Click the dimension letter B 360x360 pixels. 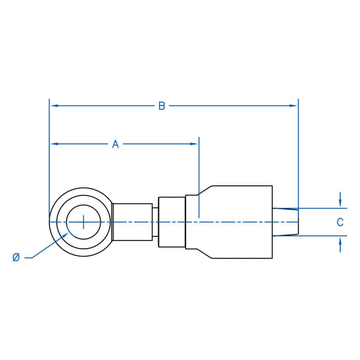click(161, 106)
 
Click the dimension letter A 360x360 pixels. click(115, 144)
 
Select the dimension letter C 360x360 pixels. click(340, 222)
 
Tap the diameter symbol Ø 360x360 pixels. click(16, 258)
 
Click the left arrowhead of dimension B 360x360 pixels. click(53, 105)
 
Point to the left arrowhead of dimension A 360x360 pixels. click(54, 144)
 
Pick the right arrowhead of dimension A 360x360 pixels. click(194, 144)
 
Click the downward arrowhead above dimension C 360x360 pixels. click(340, 204)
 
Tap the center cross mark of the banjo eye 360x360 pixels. click(83, 222)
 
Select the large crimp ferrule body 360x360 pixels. click(239, 222)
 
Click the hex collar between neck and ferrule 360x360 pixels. click(172, 222)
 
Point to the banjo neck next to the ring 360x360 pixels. click(132, 222)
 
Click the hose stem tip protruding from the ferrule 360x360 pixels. click(285, 222)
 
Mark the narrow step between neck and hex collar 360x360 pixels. click(155, 222)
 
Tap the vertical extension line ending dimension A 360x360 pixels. click(199, 176)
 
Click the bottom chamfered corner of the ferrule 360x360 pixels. click(205, 254)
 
